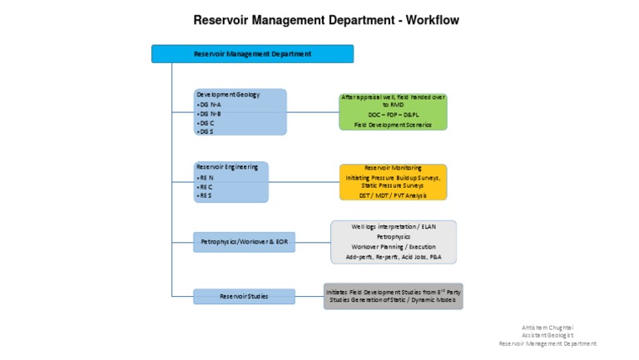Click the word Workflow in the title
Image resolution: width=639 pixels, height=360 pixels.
(426, 20)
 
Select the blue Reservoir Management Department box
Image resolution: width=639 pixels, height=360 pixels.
(252, 54)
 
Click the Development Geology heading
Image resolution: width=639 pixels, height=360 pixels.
(228, 95)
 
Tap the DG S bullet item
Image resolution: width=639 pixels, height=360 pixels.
(206, 131)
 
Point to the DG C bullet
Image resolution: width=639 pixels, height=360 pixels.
(206, 122)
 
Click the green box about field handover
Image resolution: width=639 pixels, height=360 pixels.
(393, 111)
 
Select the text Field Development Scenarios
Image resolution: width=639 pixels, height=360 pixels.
(393, 125)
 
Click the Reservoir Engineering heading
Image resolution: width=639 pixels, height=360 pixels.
(226, 166)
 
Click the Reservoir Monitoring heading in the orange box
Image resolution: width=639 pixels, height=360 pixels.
(393, 168)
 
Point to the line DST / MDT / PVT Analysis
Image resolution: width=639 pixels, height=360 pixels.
(393, 195)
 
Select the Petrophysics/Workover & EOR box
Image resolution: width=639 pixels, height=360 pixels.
(244, 243)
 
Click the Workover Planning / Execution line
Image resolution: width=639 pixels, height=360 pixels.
(393, 247)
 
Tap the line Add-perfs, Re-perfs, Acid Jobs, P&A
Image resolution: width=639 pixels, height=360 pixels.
(393, 258)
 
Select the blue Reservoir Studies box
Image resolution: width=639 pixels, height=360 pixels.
(244, 296)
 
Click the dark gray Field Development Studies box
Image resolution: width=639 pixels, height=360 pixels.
(393, 296)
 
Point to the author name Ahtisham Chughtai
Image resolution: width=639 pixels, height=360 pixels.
(547, 327)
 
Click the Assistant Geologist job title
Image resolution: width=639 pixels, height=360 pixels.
(547, 335)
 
